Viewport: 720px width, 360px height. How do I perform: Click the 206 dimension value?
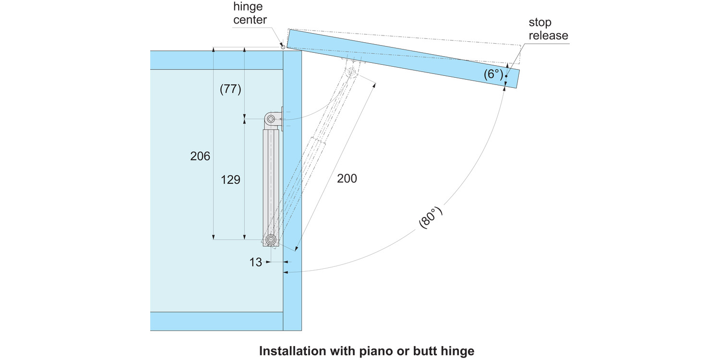pos(200,156)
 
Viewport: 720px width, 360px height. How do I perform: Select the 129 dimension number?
pos(230,180)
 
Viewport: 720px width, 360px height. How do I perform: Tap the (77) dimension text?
pos(230,89)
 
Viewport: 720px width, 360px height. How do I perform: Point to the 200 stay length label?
pos(347,179)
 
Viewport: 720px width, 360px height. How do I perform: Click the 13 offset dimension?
pos(256,262)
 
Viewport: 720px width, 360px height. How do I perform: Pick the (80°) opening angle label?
pos(430,218)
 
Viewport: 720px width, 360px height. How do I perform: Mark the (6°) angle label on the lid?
pos(493,74)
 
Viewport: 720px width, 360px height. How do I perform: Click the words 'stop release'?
pos(548,29)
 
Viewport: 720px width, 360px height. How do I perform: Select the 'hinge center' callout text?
pos(250,13)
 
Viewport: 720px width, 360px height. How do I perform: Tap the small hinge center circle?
pos(283,47)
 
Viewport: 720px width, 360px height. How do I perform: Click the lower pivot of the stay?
pos(271,239)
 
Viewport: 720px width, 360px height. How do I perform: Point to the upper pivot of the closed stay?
pos(271,118)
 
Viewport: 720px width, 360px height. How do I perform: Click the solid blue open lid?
pos(403,59)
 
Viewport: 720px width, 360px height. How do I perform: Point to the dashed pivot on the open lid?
pos(351,72)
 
